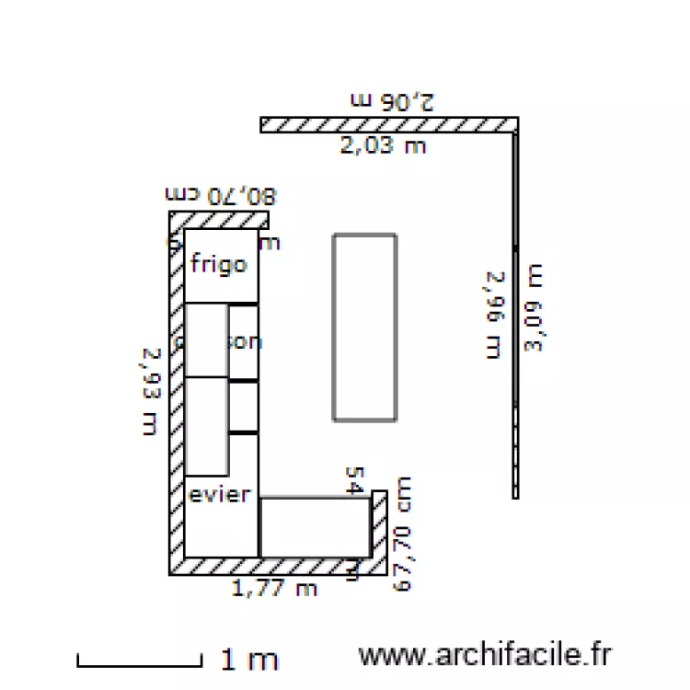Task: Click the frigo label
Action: coord(218,265)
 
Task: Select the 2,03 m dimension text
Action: coord(384,145)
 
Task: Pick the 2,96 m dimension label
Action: coord(495,313)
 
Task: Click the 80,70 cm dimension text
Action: coord(220,196)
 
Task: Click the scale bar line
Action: coord(139,662)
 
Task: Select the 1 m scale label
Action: coord(248,659)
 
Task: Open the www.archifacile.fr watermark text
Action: coord(485,655)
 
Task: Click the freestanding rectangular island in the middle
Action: coord(365,328)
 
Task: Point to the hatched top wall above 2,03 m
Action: coord(388,124)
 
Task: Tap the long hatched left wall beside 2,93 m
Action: coord(176,396)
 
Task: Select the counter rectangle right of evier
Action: coord(315,527)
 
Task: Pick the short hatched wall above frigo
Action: coord(219,219)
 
